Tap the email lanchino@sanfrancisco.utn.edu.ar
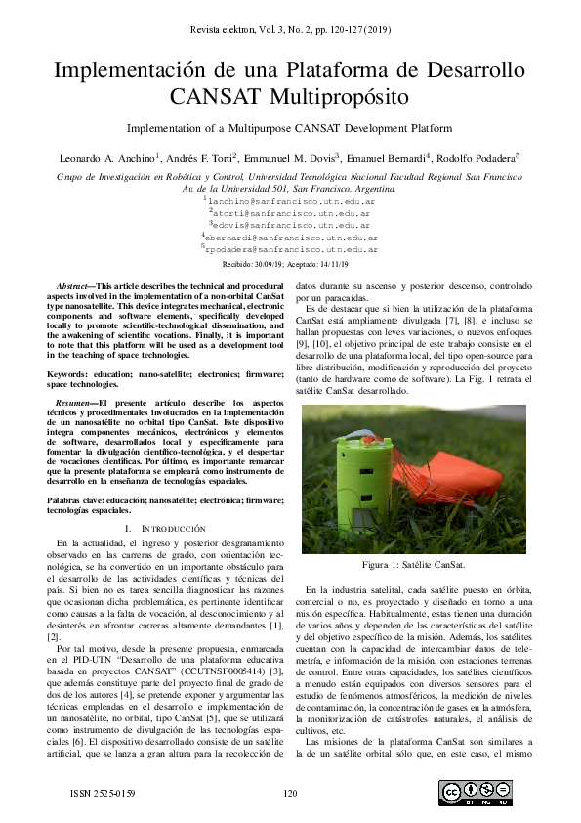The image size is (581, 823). click(292, 200)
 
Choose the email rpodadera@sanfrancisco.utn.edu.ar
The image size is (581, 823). click(292, 250)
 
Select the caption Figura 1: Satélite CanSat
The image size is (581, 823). click(413, 566)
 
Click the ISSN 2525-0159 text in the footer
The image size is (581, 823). click(103, 793)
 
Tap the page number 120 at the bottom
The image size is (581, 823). click(290, 793)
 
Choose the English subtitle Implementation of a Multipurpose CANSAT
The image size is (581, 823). click(290, 128)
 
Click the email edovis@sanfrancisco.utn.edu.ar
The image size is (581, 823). click(292, 225)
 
